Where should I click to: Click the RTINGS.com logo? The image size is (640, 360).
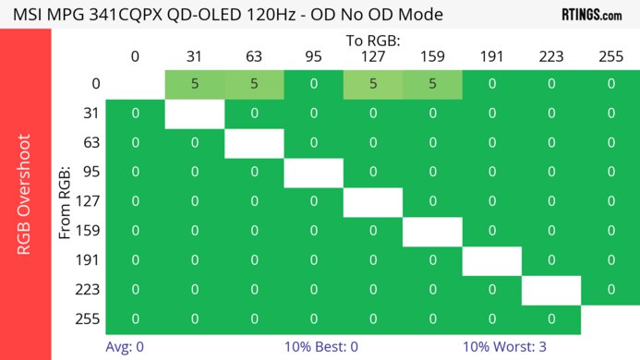coord(591,15)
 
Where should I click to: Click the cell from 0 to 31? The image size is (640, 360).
coord(195,84)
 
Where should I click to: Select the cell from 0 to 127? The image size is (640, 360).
coord(373,84)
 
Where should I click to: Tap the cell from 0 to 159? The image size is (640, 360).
coord(432,84)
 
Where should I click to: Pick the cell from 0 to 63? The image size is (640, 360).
coord(254,84)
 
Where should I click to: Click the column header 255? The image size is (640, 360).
coord(610,56)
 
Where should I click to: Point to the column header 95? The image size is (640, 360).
coord(314,56)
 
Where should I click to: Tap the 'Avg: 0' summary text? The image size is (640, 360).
coord(126,347)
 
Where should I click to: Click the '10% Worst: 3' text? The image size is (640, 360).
coord(504,347)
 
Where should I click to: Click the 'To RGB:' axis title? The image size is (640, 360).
coord(373,41)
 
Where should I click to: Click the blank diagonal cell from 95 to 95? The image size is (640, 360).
coord(314,173)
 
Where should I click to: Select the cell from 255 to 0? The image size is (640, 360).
coord(136,319)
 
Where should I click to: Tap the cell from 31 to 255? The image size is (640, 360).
coord(610,114)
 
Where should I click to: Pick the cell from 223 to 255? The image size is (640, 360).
coord(610,290)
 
